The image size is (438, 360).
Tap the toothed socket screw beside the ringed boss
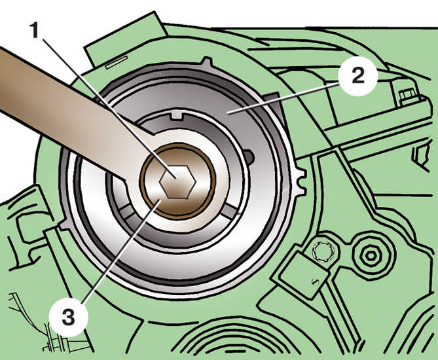(x=321, y=250)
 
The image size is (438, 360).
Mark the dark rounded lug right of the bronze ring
(x=249, y=157)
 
